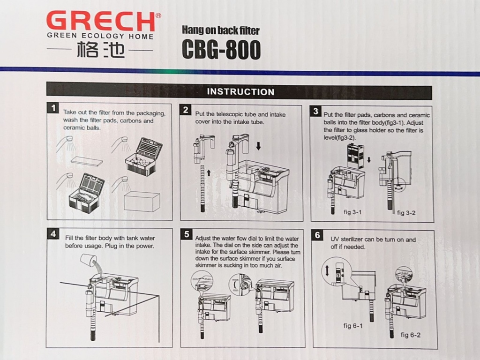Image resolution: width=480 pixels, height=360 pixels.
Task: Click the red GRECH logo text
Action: pos(101,22)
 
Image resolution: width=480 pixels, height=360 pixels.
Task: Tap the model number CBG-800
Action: pos(221,50)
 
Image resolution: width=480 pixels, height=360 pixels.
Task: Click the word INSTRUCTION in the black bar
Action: pos(240,92)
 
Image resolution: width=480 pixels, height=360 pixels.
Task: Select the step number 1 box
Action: pos(53,108)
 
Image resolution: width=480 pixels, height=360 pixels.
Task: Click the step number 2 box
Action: pos(186,110)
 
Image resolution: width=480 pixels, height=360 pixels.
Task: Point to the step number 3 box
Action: pos(315,111)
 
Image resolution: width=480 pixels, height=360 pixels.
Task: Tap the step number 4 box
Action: pos(53,234)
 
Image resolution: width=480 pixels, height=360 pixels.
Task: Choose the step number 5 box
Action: pos(187,234)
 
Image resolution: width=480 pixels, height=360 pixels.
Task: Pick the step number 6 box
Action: pos(317,235)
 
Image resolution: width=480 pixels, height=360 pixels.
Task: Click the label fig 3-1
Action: pos(352,212)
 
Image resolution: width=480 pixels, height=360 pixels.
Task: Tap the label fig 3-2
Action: pos(406,213)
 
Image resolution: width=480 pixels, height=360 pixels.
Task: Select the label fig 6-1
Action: pos(352,326)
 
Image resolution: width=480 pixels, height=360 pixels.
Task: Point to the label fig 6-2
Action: pos(411,335)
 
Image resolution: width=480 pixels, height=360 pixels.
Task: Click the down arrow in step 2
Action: pos(258,146)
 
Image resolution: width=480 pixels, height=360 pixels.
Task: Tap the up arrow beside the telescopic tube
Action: pos(209,172)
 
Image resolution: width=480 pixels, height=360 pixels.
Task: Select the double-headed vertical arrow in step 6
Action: pos(327,270)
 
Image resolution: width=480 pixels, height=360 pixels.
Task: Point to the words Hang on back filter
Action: pos(221,30)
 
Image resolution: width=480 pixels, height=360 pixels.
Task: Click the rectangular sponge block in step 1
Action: pos(142,201)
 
